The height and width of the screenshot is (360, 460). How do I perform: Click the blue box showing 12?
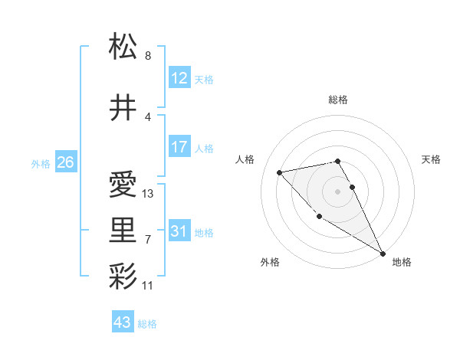pos(179,79)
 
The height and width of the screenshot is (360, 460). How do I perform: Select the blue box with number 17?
pos(179,148)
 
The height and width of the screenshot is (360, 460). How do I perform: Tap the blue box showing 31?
pos(179,231)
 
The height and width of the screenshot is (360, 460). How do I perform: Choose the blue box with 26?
pos(65,162)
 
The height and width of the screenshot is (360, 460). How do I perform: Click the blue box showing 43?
pos(123,322)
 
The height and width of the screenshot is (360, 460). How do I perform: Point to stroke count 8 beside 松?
pos(148,56)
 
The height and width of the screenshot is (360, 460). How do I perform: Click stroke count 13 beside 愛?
pos(148,194)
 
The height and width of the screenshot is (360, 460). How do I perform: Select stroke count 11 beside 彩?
pos(148,286)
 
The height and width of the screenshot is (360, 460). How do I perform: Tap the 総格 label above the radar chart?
pos(338,100)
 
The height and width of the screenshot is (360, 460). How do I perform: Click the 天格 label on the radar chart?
pos(431,159)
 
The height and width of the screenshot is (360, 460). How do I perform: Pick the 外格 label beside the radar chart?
pos(270,262)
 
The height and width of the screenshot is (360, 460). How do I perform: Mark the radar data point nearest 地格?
pos(383,254)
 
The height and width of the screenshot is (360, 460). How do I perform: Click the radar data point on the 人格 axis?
pos(280,172)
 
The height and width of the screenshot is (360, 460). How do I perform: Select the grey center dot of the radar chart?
pos(338,191)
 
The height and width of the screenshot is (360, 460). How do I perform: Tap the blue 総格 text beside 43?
pos(147,324)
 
